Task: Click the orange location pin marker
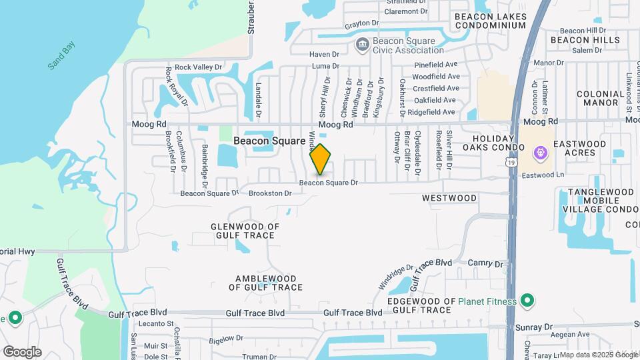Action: pos(321,159)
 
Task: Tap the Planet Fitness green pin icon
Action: pos(527,301)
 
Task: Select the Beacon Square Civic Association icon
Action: pos(362,45)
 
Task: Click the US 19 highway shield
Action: pos(511,162)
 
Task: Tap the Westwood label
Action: pos(449,198)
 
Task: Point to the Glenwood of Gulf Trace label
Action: pos(245,231)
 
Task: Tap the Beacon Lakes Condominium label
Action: pos(490,21)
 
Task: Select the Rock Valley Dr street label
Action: pos(197,67)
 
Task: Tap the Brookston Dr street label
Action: pos(270,193)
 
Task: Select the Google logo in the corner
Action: pos(22,351)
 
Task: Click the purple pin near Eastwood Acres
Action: pos(541,153)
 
